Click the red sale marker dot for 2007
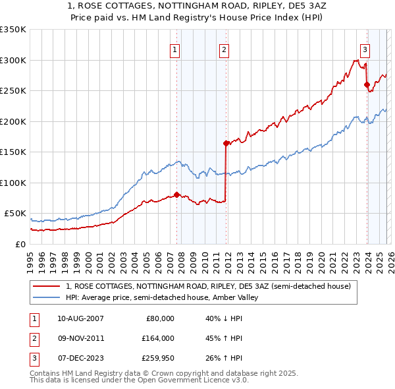point(176,194)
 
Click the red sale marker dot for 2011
point(226,143)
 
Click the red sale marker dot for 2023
point(367,84)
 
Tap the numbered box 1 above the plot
point(175,49)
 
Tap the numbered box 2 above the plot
point(224,49)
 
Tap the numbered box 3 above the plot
point(365,49)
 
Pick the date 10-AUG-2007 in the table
point(80,318)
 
